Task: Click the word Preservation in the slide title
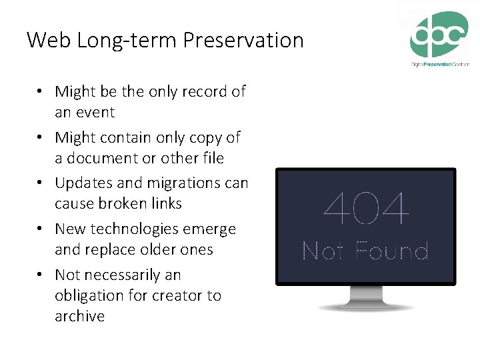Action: coord(243,41)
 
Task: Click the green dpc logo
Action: coord(439,35)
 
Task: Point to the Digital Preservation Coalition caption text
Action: coord(439,64)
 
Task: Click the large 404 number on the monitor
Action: coord(365,209)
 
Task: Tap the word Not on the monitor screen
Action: coord(323,251)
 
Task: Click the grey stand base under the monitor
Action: coord(365,307)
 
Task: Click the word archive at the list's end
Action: coord(80,316)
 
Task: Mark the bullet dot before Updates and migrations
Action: coord(41,183)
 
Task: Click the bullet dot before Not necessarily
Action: coord(41,275)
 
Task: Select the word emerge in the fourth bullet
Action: coord(211,229)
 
